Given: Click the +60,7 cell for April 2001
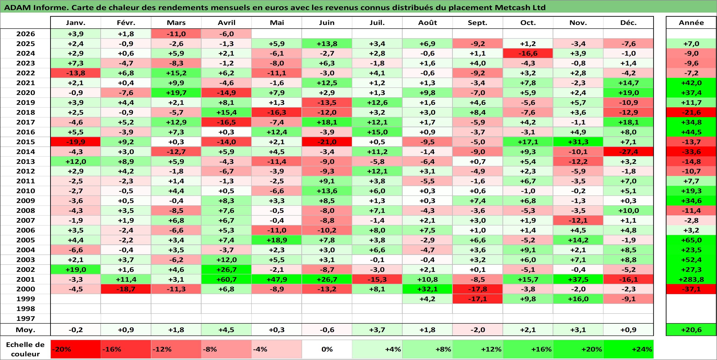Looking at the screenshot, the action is (226, 279).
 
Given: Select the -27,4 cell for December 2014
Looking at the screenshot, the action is (628, 152).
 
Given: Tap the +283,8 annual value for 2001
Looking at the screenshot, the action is (691, 279).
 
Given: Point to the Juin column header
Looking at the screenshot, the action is (327, 22).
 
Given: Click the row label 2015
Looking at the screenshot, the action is (26, 142).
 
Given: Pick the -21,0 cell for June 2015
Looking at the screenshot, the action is (327, 142).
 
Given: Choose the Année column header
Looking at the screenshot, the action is (691, 22).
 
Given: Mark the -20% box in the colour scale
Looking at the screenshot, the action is (76, 349).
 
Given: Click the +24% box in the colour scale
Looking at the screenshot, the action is (628, 349).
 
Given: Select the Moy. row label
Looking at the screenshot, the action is (26, 330).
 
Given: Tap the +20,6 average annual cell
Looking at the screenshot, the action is (691, 330).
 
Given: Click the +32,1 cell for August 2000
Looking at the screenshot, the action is (427, 289).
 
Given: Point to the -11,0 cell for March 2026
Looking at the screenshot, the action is (176, 34).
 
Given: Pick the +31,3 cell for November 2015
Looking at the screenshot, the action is (578, 142).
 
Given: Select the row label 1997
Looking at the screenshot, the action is (26, 319).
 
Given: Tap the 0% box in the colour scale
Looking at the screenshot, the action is (327, 349).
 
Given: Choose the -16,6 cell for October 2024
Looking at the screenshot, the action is (528, 53).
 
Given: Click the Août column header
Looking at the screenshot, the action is (427, 22).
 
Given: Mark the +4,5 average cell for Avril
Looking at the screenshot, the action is (226, 330).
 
